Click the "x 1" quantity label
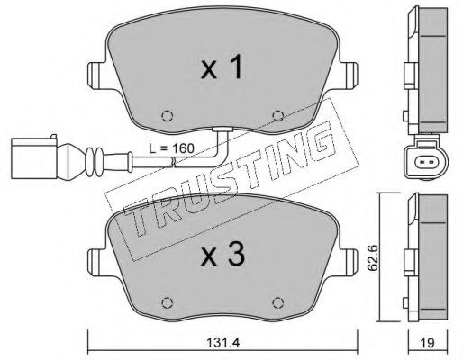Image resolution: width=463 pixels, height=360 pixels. pos(222,68)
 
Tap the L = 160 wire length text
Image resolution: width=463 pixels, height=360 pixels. pos(172,148)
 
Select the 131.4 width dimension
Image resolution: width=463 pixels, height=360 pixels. pos(222,343)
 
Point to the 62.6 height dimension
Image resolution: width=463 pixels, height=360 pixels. pos(373,257)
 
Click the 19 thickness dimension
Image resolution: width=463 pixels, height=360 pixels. pos(427,343)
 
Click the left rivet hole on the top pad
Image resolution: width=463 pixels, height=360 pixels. pos(168,116)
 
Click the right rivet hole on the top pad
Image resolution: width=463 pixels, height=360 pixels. pos(277,116)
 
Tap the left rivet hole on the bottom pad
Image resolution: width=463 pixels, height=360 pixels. pos(168,302)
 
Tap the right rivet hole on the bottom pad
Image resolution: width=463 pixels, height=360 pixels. pos(277,302)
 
